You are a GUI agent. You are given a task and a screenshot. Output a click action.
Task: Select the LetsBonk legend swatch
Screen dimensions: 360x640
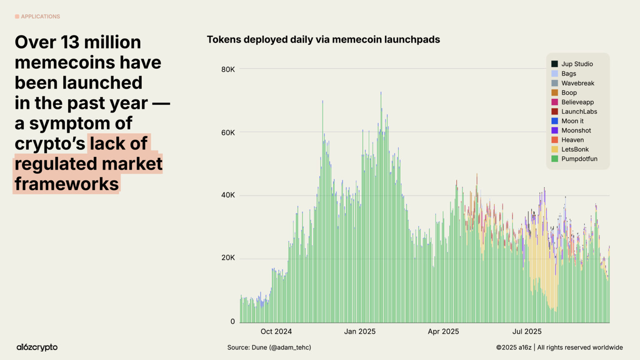[x=555, y=149]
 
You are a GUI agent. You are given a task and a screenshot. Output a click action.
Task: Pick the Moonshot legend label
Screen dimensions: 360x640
[x=576, y=130]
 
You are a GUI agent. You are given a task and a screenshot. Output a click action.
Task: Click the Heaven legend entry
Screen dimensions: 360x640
[x=572, y=140]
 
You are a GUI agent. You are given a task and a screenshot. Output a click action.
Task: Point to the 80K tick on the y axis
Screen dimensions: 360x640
[x=228, y=69]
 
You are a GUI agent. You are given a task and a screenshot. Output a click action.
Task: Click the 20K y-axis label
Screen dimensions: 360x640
[x=228, y=257]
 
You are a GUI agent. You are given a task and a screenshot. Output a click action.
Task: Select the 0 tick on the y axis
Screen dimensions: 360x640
[x=232, y=321]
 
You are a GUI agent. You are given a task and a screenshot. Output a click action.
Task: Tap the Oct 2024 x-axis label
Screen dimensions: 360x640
[x=276, y=331]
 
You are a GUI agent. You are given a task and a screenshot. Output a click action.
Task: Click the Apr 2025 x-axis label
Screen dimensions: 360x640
[x=443, y=331]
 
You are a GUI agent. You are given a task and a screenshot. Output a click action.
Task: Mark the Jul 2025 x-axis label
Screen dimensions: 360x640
[x=527, y=331]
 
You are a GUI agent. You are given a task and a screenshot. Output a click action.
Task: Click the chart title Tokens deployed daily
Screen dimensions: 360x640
[x=323, y=40]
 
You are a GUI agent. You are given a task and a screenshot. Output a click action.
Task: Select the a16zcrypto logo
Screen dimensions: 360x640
[x=37, y=347]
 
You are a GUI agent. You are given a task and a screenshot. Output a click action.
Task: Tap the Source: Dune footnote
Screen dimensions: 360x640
[x=269, y=347]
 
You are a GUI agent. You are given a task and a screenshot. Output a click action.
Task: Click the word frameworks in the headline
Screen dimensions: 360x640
[x=67, y=184]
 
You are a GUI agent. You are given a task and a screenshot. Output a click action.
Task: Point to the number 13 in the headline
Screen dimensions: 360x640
[x=71, y=42]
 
